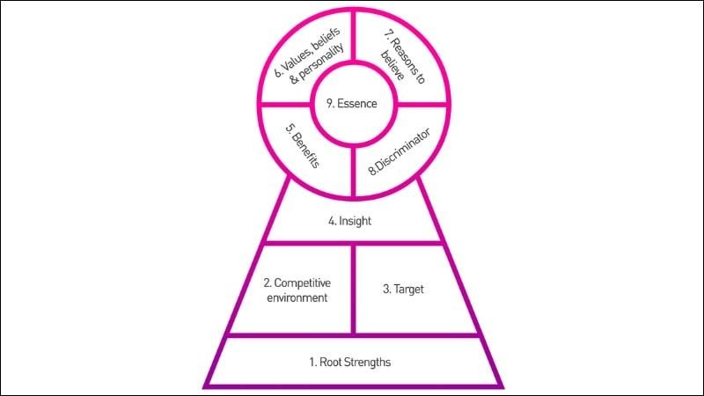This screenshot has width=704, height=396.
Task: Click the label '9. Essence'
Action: pos(351,104)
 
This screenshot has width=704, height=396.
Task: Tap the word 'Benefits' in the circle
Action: pos(306,149)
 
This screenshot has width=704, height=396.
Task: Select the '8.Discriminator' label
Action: pos(400,151)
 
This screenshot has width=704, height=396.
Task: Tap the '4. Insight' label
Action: pos(349,221)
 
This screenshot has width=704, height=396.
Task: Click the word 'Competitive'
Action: pos(302,282)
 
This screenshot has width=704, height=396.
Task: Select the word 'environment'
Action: pos(297,297)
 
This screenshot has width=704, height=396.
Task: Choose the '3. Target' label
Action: pos(403,290)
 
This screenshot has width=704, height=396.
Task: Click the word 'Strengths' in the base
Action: pos(367,362)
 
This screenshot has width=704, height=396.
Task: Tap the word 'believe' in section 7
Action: pos(392,65)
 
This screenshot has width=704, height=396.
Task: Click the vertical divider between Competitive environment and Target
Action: pos(354,290)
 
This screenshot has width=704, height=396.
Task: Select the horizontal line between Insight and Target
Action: pos(354,244)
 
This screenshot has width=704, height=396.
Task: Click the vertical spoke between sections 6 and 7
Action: pos(354,36)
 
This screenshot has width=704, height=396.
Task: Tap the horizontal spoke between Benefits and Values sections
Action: pos(285,105)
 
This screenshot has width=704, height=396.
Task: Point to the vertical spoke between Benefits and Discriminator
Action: pos(354,171)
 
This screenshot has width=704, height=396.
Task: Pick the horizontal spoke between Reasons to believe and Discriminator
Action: pos(422,105)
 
